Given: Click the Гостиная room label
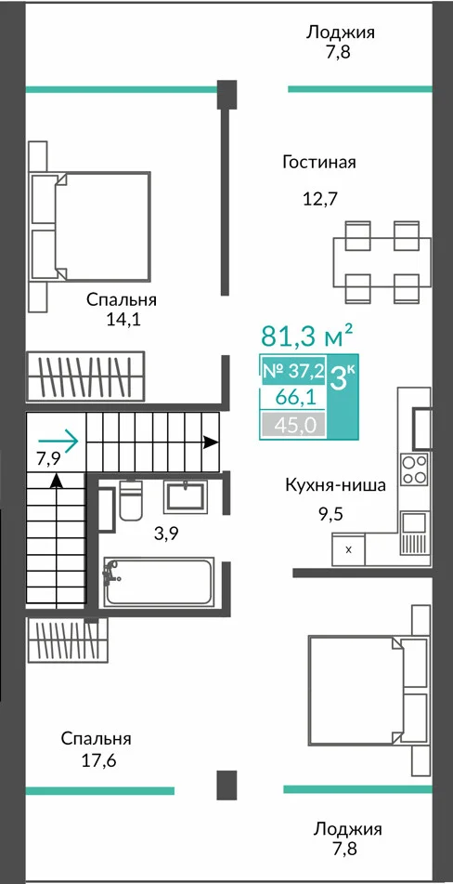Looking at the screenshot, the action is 319,163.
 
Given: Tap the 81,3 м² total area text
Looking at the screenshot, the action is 306,336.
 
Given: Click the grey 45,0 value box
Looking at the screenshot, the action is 293,425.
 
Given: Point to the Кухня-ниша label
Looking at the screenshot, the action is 335,485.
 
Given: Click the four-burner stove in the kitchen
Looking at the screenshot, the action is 414,469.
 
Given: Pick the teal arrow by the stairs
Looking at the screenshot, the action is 58,441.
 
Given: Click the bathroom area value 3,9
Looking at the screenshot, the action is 166,534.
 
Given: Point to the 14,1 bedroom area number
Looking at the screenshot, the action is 123,320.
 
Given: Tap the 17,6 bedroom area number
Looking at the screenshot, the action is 98,761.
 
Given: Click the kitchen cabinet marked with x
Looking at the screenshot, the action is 348,549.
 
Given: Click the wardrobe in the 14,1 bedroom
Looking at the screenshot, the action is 85,376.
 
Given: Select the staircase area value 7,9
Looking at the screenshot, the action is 49,459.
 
